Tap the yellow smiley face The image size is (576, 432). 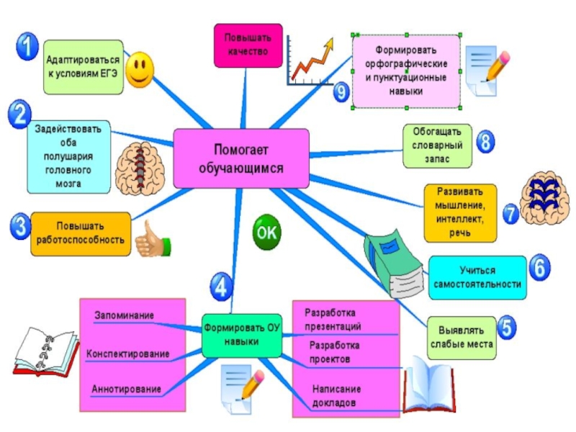[x=140, y=70]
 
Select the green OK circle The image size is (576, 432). [x=266, y=232]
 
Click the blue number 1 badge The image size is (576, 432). [x=27, y=48]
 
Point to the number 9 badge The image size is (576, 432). [x=341, y=91]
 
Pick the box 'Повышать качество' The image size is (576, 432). [x=247, y=45]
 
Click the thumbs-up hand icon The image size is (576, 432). [x=153, y=240]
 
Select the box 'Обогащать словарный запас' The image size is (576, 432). [x=437, y=147]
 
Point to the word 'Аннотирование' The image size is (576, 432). [x=126, y=389]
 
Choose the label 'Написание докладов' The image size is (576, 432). [x=336, y=395]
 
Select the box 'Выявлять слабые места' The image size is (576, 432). [x=462, y=338]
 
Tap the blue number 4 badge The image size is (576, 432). [x=221, y=287]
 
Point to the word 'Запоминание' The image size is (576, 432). [x=125, y=315]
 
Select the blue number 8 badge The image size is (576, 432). [x=486, y=141]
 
